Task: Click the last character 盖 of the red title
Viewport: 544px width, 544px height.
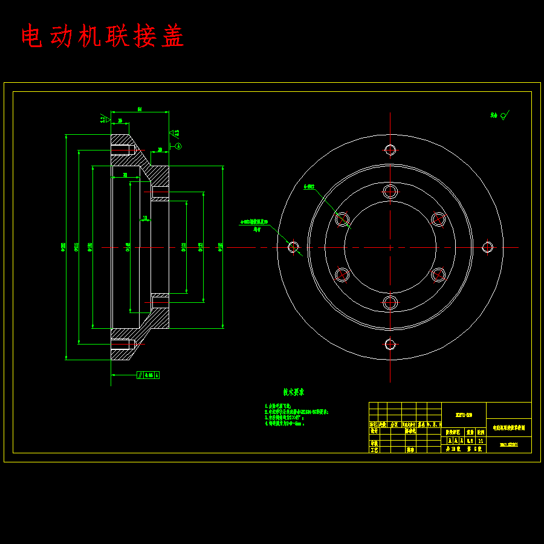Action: pyautogui.click(x=172, y=37)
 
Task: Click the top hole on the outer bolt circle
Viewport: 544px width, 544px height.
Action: pyautogui.click(x=390, y=149)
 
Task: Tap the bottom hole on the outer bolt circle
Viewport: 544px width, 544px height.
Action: pyautogui.click(x=390, y=345)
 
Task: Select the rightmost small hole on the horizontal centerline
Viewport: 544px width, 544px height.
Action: pyautogui.click(x=488, y=247)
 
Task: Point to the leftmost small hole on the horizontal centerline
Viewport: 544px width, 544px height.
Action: pyautogui.click(x=293, y=247)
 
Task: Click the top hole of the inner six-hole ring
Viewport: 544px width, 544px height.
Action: pyautogui.click(x=390, y=192)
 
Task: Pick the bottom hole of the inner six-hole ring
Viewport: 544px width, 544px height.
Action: pyautogui.click(x=390, y=302)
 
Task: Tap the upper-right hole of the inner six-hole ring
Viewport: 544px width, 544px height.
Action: pyautogui.click(x=438, y=219)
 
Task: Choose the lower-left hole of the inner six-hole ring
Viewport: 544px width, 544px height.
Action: pyautogui.click(x=342, y=274)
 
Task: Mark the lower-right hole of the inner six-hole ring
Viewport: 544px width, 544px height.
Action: pyautogui.click(x=438, y=274)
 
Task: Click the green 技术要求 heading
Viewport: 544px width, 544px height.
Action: pyautogui.click(x=293, y=392)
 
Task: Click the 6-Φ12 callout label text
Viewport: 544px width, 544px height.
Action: pyautogui.click(x=309, y=187)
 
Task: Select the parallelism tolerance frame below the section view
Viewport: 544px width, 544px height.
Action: pyautogui.click(x=148, y=375)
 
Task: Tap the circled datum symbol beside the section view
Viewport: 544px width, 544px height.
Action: pyautogui.click(x=178, y=146)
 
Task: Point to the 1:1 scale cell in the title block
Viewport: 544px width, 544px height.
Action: pyautogui.click(x=481, y=441)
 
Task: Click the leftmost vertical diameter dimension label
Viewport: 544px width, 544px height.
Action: pyautogui.click(x=64, y=247)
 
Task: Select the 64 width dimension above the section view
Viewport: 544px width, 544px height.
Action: pyautogui.click(x=139, y=109)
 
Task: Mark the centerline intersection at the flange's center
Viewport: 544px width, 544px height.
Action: pyautogui.click(x=390, y=247)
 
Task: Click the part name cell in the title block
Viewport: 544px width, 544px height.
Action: pyautogui.click(x=508, y=427)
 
